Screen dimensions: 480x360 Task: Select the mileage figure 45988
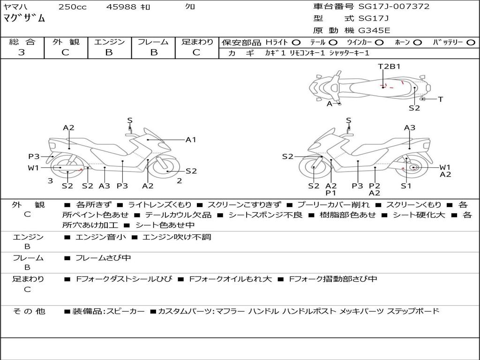click(121, 7)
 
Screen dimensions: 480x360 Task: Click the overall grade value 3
click(22, 52)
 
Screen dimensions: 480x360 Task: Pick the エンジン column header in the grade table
click(109, 42)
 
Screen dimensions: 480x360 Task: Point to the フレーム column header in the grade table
click(153, 42)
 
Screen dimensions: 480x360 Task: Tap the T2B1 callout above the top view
click(389, 66)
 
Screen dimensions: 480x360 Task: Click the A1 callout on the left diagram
click(191, 140)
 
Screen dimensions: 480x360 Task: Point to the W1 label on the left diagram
click(33, 168)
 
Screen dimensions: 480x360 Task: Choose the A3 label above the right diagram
click(410, 127)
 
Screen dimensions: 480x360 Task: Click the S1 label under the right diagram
click(406, 186)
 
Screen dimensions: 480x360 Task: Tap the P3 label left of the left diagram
click(34, 157)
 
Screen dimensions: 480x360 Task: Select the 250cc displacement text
click(72, 7)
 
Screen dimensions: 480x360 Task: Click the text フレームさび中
click(103, 258)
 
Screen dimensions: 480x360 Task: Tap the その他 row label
click(29, 311)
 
